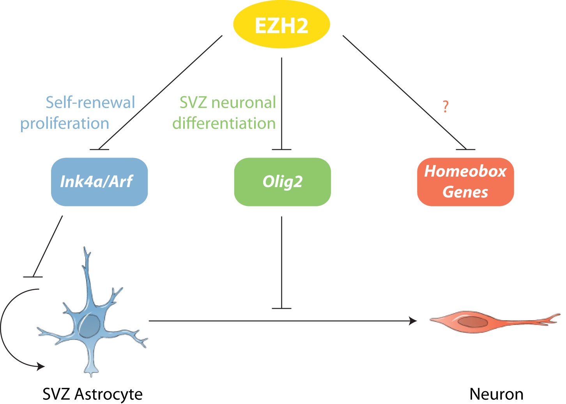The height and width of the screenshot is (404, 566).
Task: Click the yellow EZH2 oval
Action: pyautogui.click(x=281, y=25)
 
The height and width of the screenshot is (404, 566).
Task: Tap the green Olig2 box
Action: pyautogui.click(x=282, y=182)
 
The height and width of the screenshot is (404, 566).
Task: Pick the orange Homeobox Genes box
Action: pyautogui.click(x=465, y=182)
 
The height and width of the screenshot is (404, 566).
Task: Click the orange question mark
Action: pyautogui.click(x=446, y=106)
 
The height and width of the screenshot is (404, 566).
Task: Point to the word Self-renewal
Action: pyautogui.click(x=90, y=103)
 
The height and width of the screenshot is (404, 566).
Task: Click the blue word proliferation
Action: pyautogui.click(x=65, y=123)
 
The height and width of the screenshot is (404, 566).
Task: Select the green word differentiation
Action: pyautogui.click(x=224, y=123)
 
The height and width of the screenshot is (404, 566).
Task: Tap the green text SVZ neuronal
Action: pyautogui.click(x=228, y=103)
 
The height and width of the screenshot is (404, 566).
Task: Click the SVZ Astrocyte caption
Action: pyautogui.click(x=92, y=394)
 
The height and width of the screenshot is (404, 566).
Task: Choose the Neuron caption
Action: pyautogui.click(x=496, y=394)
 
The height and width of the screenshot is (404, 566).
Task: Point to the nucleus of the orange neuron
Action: pyautogui.click(x=472, y=322)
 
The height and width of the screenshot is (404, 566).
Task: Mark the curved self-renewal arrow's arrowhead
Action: pyautogui.click(x=41, y=366)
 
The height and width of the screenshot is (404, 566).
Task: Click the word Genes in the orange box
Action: pyautogui.click(x=465, y=192)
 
